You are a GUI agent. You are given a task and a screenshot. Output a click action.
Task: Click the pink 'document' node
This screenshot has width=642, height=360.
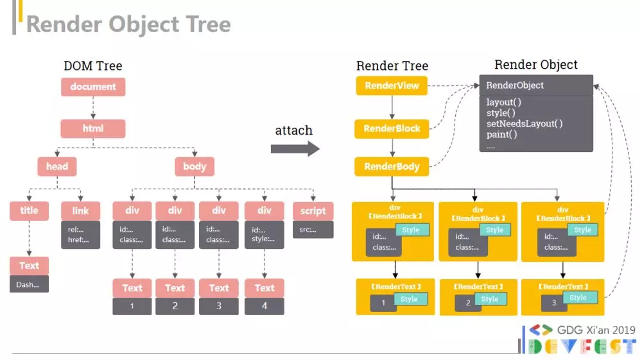93,87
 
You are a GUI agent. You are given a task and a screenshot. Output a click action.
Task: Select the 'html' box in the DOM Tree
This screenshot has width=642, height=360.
93,128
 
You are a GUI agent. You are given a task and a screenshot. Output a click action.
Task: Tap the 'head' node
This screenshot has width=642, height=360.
57,166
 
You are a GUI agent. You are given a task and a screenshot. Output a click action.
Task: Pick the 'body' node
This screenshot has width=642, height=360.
195,166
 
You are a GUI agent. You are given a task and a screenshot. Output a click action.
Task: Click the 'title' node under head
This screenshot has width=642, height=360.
29,210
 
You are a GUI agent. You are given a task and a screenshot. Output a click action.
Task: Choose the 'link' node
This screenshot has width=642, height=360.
81,211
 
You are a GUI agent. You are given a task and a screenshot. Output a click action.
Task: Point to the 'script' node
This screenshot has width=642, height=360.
313,211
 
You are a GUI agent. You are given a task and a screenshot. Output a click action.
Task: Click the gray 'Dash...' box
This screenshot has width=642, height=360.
29,284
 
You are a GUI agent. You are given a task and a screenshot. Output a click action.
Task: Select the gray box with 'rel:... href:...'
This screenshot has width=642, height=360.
81,235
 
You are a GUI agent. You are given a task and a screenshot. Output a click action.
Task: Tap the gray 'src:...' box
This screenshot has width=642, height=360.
313,230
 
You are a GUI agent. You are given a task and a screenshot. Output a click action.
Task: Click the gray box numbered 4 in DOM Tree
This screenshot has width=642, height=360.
265,306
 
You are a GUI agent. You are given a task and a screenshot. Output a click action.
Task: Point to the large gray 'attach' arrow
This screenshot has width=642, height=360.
295,148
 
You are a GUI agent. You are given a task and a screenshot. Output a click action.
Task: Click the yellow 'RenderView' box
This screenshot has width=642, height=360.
392,86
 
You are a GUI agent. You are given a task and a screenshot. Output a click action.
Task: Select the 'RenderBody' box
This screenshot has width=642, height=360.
392,166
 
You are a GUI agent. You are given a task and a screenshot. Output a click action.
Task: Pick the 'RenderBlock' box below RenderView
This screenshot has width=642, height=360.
392,129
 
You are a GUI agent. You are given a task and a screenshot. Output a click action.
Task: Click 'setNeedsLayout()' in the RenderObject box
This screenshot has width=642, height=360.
525,124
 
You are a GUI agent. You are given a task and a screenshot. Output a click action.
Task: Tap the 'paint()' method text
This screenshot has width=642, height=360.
501,134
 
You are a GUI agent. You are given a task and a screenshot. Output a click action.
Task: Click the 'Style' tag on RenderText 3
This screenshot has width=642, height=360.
578,298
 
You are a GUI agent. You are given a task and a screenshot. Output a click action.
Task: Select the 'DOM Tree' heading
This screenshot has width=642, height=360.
93,65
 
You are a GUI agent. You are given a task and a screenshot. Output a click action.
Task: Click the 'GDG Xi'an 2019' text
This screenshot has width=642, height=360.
596,330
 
